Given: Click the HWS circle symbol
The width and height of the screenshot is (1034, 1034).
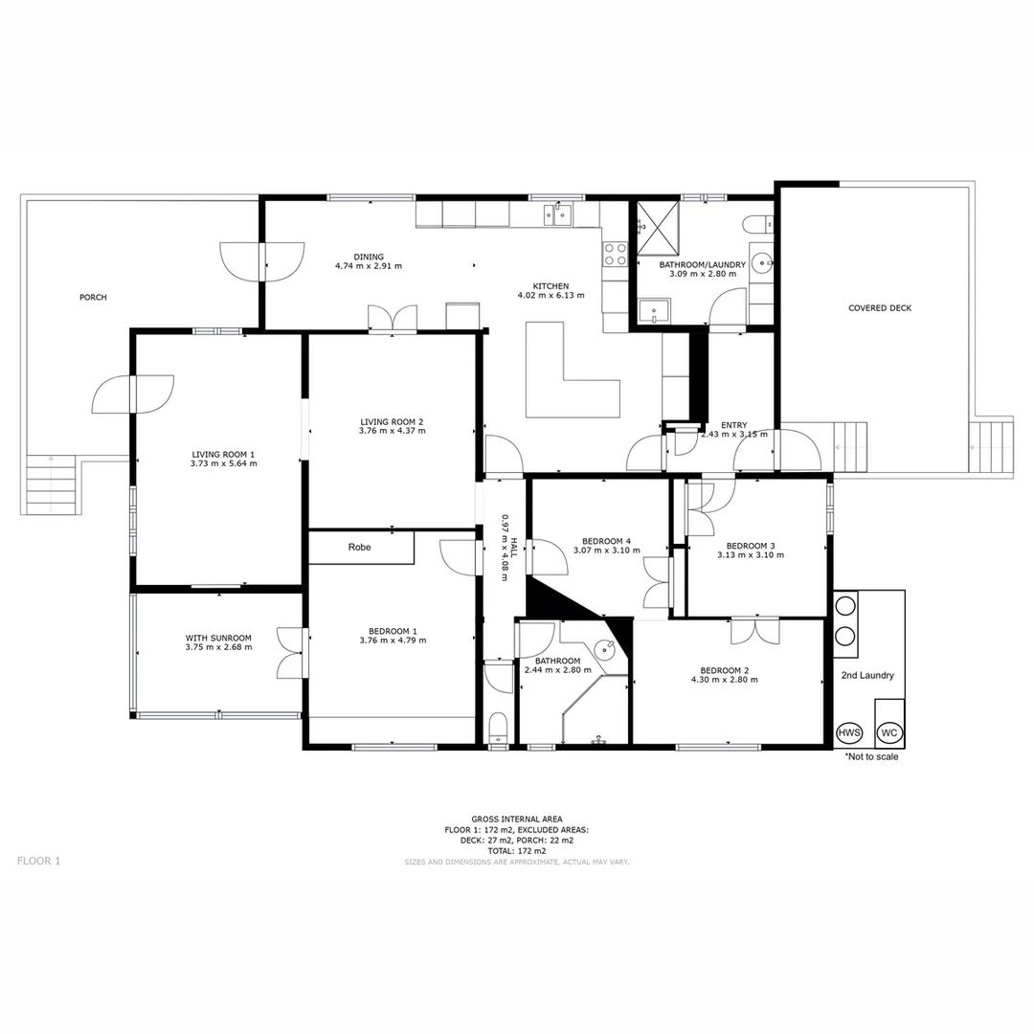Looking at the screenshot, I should point(849,732).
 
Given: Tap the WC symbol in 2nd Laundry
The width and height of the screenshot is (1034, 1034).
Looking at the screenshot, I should point(889,732).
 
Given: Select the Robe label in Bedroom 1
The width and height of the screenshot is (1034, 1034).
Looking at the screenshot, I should point(359,548).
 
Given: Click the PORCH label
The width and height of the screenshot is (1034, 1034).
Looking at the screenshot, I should point(93,298).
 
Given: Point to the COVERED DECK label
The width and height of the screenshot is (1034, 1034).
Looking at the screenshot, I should point(880,308).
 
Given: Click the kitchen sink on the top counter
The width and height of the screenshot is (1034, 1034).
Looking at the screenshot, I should point(557,214).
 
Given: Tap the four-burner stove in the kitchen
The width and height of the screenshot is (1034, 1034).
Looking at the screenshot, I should point(614,254).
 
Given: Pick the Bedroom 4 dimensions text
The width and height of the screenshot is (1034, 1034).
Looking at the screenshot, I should point(601,551).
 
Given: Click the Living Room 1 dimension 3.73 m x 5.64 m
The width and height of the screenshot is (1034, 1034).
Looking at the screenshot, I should point(223,463).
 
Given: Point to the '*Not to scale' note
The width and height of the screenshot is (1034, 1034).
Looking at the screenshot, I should point(871,756).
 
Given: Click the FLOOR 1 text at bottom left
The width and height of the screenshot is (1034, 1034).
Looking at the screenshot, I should point(38,861).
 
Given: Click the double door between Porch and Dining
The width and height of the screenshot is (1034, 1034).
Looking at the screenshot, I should point(261,261).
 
